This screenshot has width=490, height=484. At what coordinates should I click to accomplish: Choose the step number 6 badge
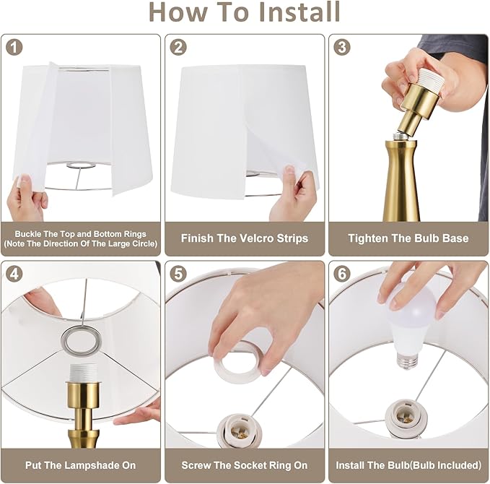click(x=343, y=275)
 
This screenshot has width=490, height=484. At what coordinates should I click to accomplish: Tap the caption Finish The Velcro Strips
click(x=245, y=238)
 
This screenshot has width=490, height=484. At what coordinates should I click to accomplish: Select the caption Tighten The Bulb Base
click(x=408, y=238)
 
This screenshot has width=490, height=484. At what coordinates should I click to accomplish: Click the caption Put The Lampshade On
click(x=81, y=464)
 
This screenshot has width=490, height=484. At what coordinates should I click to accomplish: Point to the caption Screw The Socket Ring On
click(x=245, y=464)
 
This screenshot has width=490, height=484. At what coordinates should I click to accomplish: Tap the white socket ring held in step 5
click(x=238, y=358)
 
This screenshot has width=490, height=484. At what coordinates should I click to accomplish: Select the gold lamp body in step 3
click(x=401, y=181)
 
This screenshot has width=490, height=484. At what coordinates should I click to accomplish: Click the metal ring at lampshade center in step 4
click(x=80, y=337)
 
